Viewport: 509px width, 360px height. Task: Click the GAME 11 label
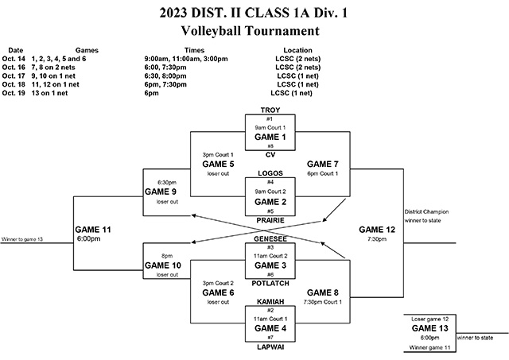click(95, 229)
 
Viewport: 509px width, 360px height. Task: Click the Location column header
click(290, 49)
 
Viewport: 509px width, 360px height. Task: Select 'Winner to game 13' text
click(22, 239)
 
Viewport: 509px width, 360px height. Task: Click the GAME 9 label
click(161, 192)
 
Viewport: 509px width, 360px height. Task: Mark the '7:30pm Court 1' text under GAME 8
click(322, 301)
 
